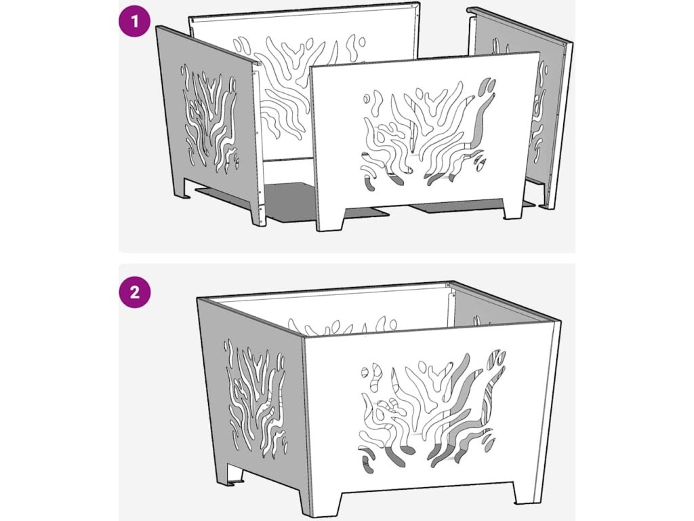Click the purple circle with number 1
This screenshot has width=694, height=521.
135,21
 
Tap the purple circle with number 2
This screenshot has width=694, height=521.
135,292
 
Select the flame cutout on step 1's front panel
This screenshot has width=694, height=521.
428,134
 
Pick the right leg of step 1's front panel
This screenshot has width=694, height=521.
514,208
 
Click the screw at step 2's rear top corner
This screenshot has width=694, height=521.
448,284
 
